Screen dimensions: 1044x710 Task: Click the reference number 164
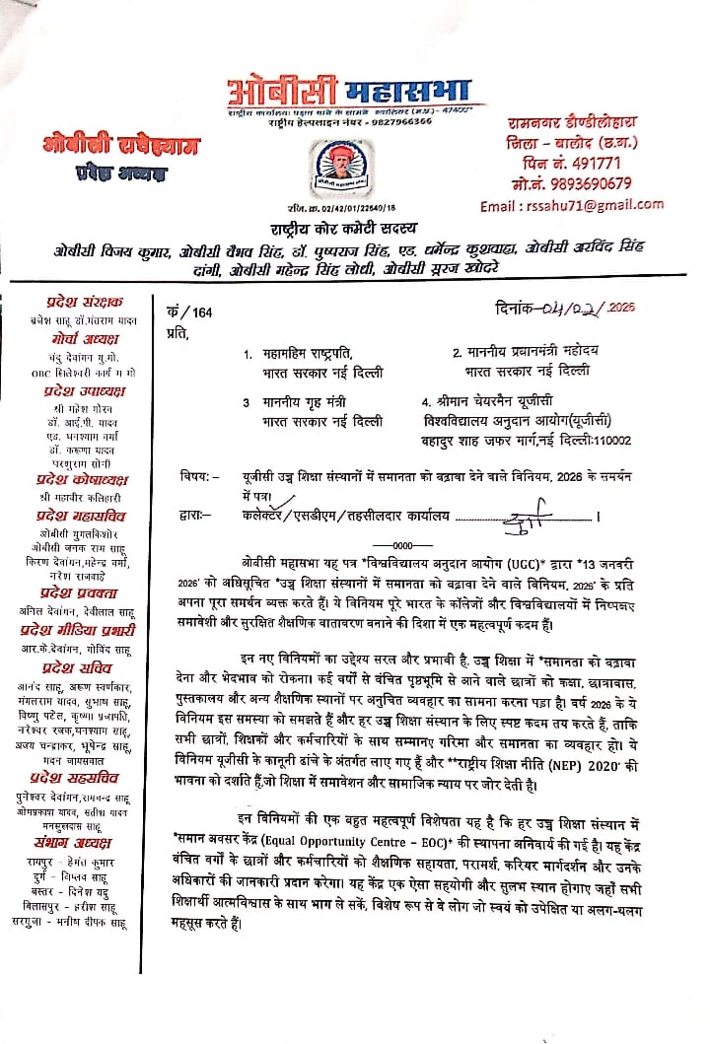205,313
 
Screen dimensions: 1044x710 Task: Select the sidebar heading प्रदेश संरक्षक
84,302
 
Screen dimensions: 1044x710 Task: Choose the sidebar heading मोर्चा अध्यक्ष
85,335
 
